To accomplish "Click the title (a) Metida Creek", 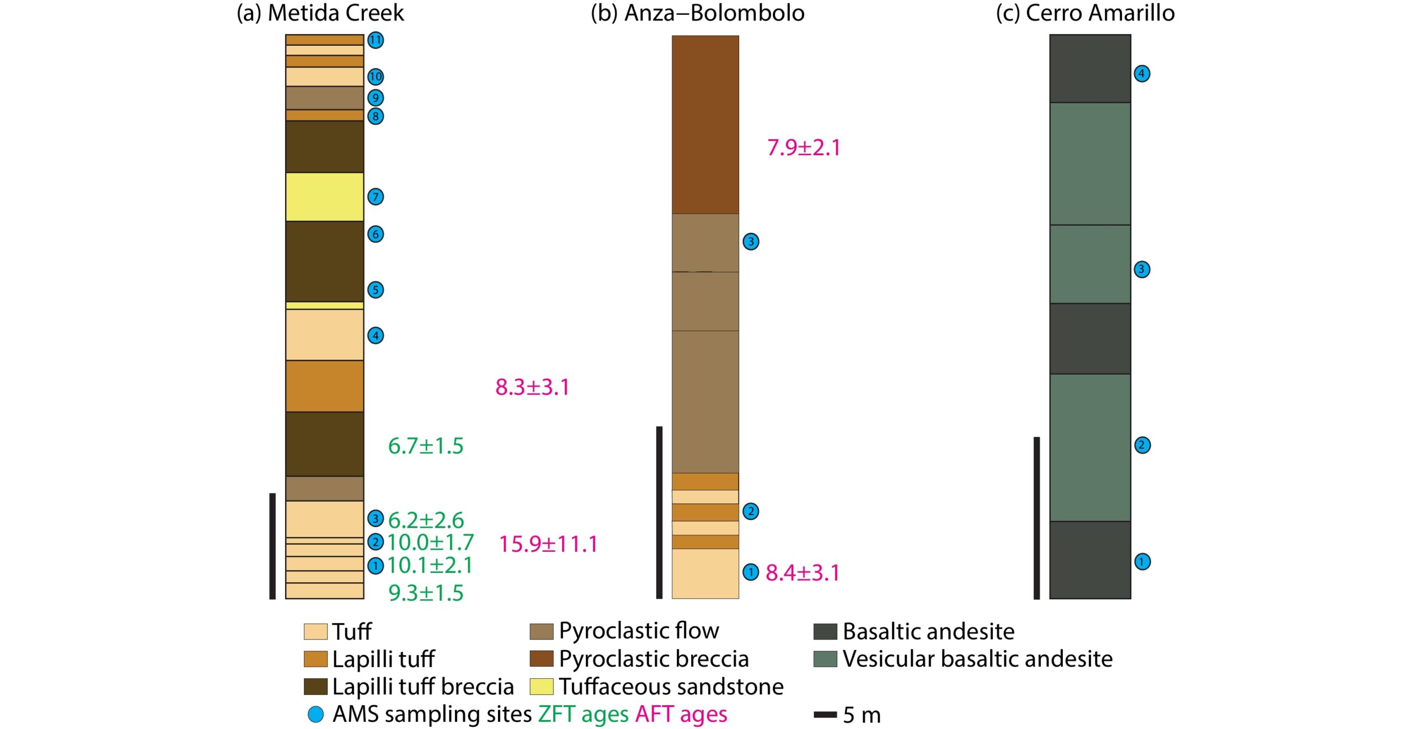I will pyautogui.click(x=320, y=13).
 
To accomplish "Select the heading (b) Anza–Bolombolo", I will pyautogui.click(x=697, y=13).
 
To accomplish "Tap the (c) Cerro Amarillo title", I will pyautogui.click(x=1085, y=13).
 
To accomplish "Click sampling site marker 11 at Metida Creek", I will pyautogui.click(x=376, y=40).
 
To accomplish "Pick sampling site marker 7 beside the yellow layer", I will pyautogui.click(x=376, y=196).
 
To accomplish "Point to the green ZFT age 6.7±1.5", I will pyautogui.click(x=425, y=446).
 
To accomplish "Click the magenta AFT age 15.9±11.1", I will pyautogui.click(x=548, y=544).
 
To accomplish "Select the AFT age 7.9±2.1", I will pyautogui.click(x=804, y=148).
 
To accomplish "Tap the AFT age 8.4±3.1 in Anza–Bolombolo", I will pyautogui.click(x=803, y=573).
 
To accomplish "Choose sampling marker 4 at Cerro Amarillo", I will pyautogui.click(x=1142, y=73).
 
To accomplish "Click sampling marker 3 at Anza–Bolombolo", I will pyautogui.click(x=751, y=241).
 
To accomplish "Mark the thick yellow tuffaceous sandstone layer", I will pyautogui.click(x=324, y=196).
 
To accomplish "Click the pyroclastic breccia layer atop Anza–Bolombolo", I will pyautogui.click(x=705, y=124).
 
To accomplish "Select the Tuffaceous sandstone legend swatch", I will pyautogui.click(x=541, y=687).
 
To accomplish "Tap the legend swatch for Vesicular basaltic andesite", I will pyautogui.click(x=825, y=659).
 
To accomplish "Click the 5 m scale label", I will pyautogui.click(x=862, y=715).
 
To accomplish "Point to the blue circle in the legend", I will pyautogui.click(x=315, y=715).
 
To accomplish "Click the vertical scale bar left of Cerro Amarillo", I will pyautogui.click(x=1036, y=518).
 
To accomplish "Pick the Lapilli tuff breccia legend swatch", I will pyautogui.click(x=315, y=687).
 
